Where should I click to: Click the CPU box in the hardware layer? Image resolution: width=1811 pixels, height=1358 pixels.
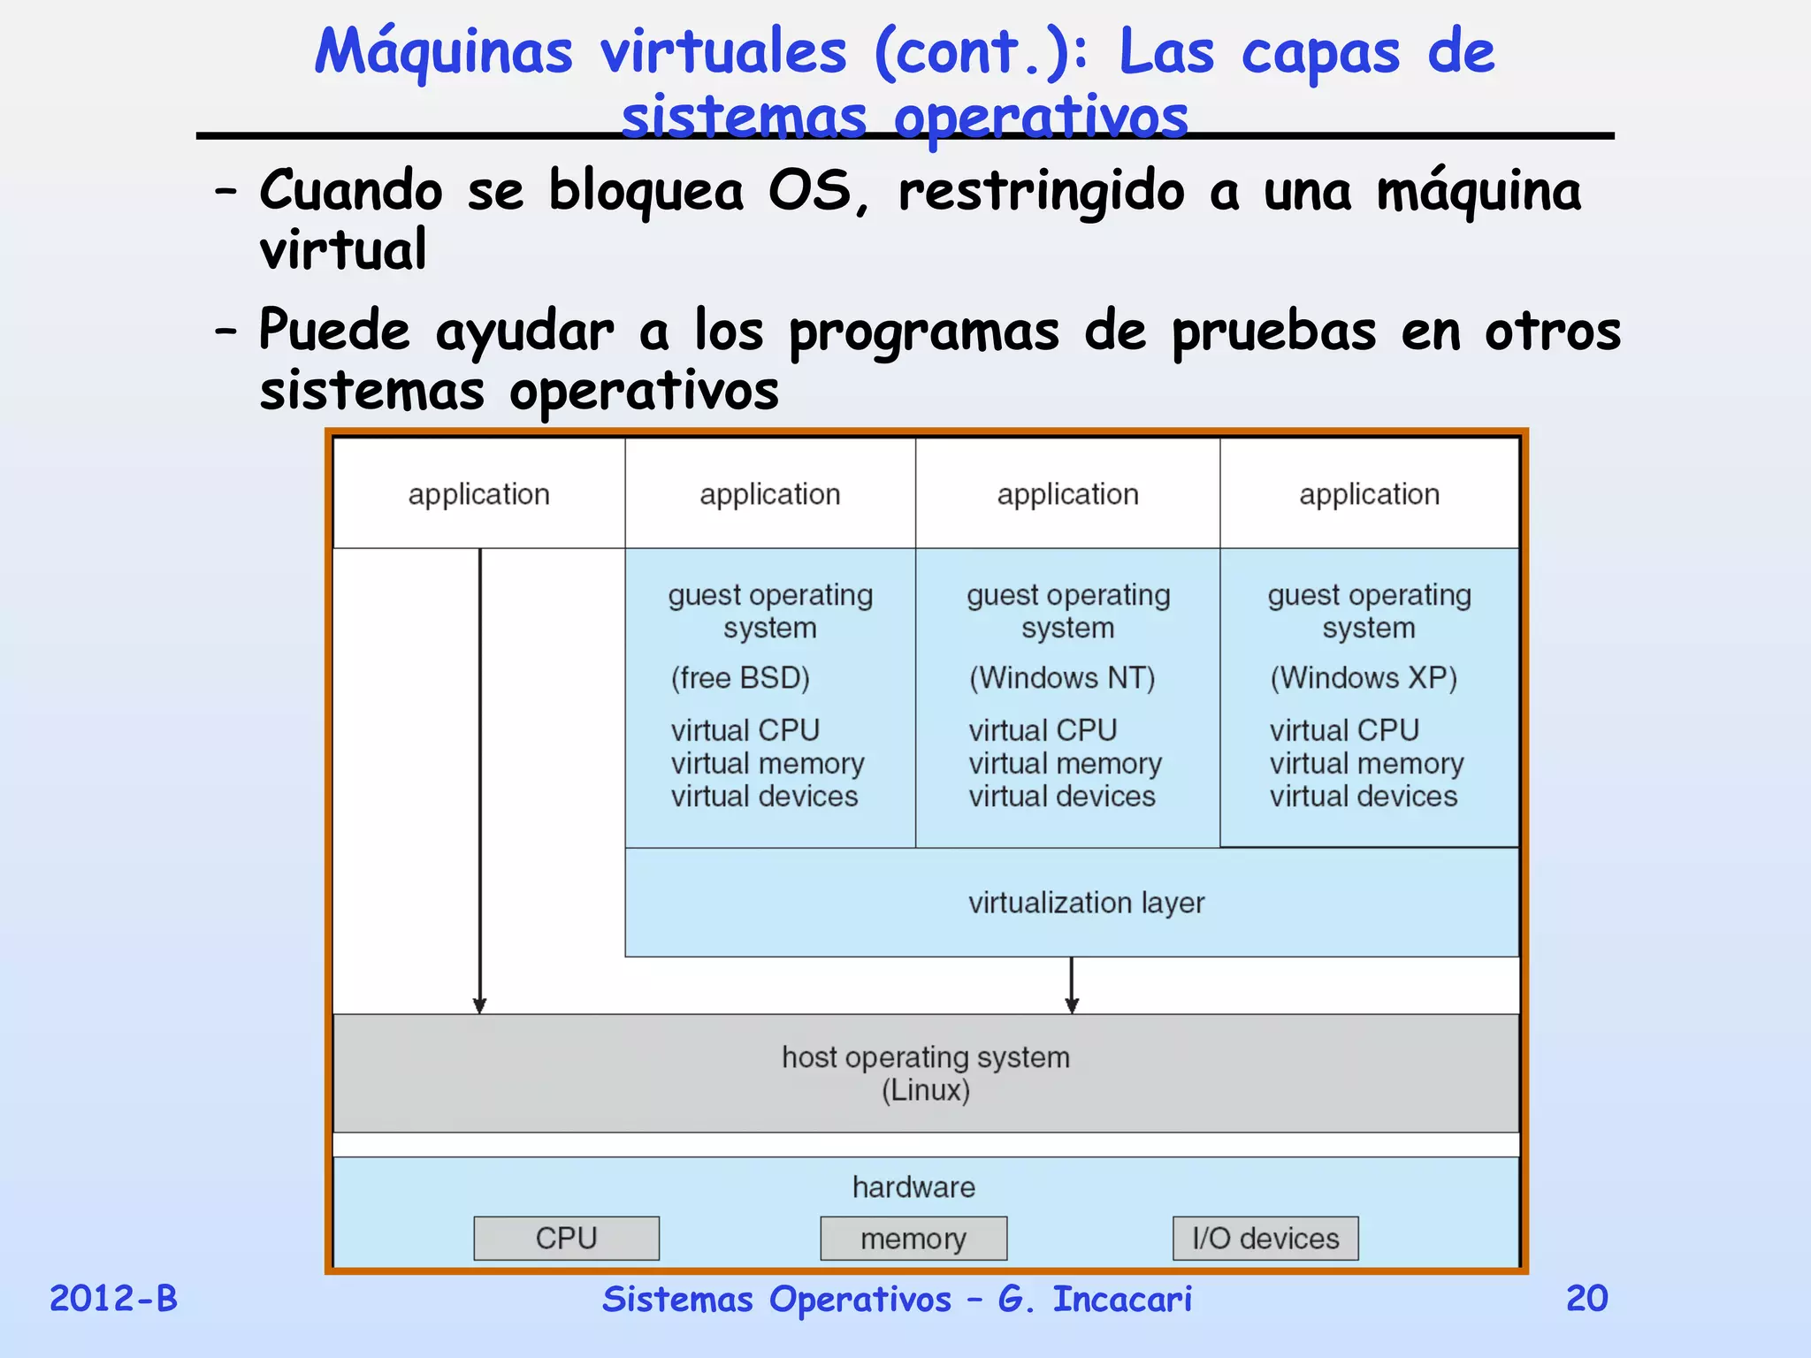(x=566, y=1238)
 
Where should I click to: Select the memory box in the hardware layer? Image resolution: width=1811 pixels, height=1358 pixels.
(x=913, y=1239)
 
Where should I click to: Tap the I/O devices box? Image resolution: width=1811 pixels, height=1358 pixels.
(x=1265, y=1239)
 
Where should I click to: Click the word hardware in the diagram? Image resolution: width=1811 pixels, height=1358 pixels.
(x=913, y=1187)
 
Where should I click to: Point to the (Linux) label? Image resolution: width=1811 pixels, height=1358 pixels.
(x=925, y=1090)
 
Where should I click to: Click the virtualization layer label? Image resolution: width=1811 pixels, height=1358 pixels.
(x=1086, y=903)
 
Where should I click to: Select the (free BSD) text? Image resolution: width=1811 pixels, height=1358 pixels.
(x=740, y=678)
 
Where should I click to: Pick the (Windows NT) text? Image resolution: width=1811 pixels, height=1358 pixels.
(x=1062, y=678)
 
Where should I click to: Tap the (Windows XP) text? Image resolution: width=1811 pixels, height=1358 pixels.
(x=1364, y=678)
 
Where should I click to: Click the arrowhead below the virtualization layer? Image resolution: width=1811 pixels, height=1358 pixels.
(x=1072, y=1005)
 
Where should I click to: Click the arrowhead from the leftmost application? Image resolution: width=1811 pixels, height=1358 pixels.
(x=479, y=1005)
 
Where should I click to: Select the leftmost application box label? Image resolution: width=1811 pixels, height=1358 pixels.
(x=478, y=494)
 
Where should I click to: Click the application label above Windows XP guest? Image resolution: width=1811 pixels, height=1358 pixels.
(x=1369, y=494)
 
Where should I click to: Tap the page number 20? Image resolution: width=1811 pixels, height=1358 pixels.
(x=1586, y=1298)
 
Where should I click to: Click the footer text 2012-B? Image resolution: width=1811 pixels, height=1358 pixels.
(x=113, y=1299)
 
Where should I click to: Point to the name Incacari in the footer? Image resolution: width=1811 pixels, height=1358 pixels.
(x=1122, y=1299)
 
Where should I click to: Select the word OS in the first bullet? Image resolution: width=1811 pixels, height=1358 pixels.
(x=809, y=190)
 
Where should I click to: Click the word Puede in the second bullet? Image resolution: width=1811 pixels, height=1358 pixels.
(x=334, y=331)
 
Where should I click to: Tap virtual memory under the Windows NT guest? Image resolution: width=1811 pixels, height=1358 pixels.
(x=1065, y=763)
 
